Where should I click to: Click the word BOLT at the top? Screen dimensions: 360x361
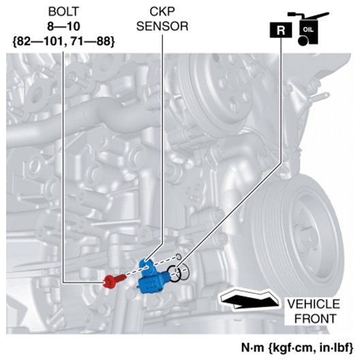coord(63,12)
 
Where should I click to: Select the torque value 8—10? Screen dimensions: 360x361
coord(63,27)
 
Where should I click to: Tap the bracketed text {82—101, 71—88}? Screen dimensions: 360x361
coord(63,42)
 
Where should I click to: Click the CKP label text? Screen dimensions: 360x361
coord(162,12)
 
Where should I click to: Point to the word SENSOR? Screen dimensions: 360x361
coord(162,27)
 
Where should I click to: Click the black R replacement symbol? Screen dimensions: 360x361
coord(281,30)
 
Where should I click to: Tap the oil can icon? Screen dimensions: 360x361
coord(308,29)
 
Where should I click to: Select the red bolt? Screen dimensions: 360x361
coord(115,280)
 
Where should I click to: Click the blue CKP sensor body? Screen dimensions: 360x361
coord(152,277)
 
